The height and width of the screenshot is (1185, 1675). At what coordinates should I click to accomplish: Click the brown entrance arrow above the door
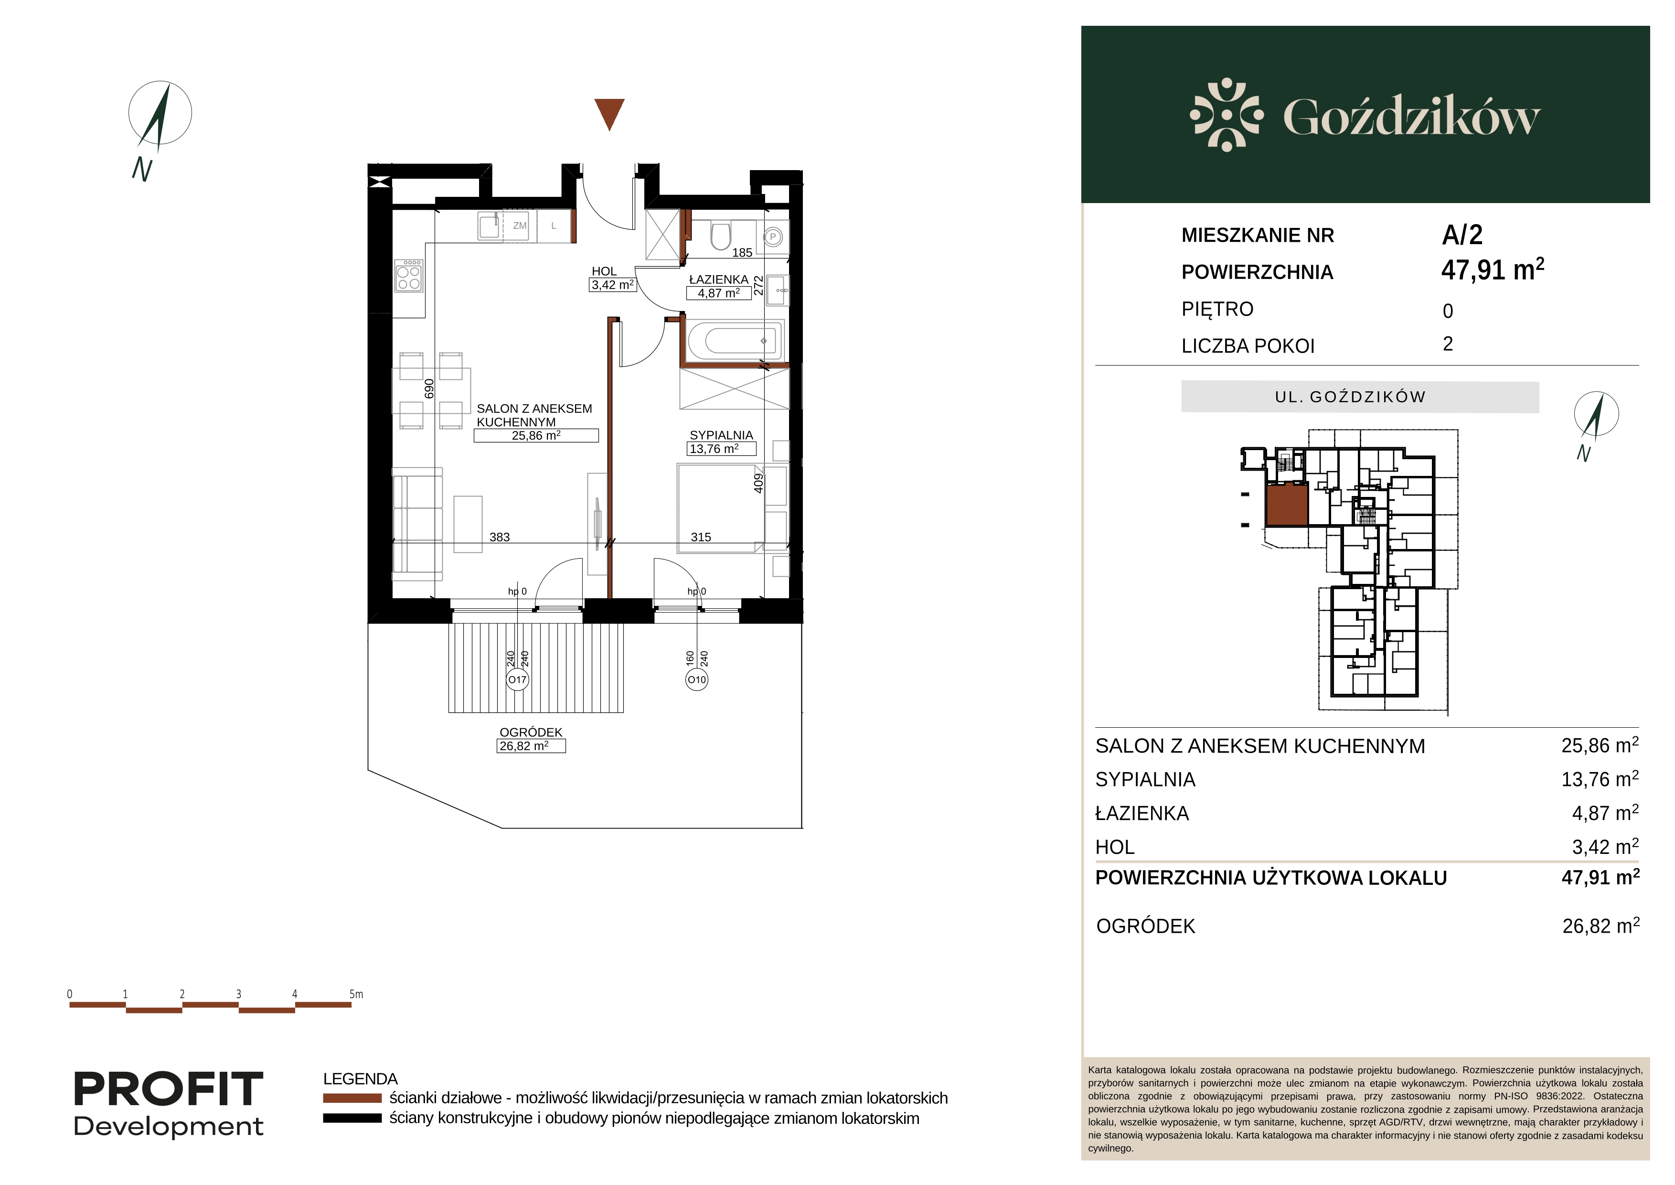coord(609,114)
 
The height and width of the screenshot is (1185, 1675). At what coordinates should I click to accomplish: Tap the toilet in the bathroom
coord(721,235)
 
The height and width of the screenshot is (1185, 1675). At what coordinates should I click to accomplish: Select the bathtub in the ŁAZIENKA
coord(736,341)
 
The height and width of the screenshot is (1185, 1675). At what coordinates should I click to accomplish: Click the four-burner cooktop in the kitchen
coord(408,276)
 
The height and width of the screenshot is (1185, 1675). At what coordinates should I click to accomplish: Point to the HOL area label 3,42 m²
coord(613,285)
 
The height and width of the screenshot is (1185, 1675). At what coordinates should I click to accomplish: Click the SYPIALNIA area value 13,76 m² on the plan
coord(714,449)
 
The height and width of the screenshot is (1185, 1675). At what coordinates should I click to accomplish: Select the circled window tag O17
coord(517,680)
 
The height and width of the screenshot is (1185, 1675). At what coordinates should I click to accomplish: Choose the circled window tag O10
coord(697,680)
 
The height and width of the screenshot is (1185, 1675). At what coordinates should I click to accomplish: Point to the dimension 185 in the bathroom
coord(742,252)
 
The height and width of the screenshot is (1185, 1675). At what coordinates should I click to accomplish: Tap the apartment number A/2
coord(1462,235)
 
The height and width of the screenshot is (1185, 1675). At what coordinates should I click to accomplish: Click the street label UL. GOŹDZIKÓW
coord(1350,397)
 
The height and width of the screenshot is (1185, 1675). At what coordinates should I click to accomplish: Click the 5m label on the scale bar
coord(356,994)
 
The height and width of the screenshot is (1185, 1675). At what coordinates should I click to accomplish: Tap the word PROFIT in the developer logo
coord(169,1089)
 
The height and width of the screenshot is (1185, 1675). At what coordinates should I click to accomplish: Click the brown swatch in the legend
coord(352,1098)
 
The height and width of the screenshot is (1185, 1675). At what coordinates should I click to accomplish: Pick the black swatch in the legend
coord(352,1118)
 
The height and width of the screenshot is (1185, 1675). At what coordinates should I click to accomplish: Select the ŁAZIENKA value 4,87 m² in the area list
coord(1605,812)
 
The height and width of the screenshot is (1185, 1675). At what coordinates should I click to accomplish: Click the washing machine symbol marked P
coord(773,237)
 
